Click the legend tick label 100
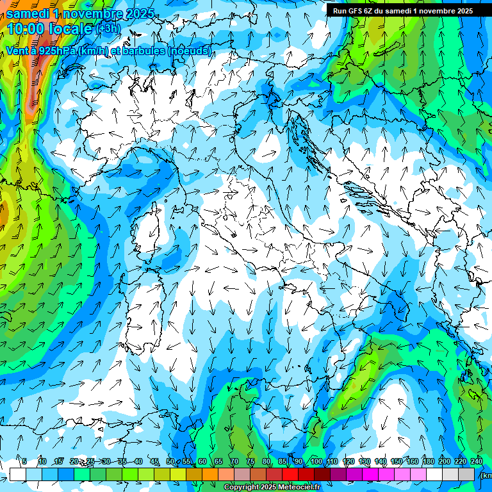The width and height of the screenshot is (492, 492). click(x=316, y=462)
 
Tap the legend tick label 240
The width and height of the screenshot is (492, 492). click(x=476, y=462)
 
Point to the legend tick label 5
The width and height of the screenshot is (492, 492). click(x=24, y=462)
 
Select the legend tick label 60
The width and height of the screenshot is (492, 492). click(x=202, y=462)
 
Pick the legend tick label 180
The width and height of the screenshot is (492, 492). click(x=428, y=462)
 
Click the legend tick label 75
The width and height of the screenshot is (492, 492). click(x=250, y=462)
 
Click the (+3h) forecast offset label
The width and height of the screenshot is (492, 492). click(x=108, y=29)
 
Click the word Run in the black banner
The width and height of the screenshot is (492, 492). click(x=340, y=11)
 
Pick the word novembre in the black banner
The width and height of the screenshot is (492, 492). click(x=436, y=11)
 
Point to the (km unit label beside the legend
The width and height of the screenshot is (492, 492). click(x=486, y=475)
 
